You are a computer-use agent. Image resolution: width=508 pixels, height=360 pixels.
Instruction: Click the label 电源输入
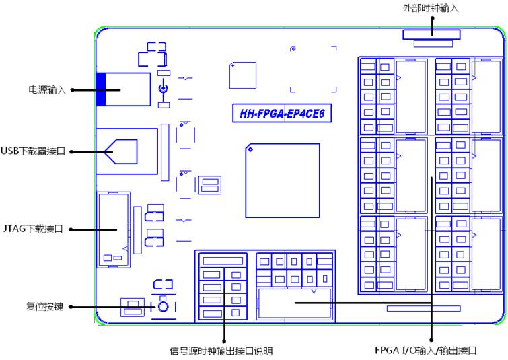[x=47, y=89]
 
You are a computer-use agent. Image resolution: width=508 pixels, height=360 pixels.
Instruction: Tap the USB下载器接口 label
[x=33, y=151]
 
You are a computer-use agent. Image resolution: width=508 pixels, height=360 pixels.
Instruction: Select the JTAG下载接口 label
[x=33, y=229]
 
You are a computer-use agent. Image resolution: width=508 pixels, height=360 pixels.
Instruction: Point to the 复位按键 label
[x=44, y=307]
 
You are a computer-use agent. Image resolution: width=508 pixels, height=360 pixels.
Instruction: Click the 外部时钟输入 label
[x=431, y=9]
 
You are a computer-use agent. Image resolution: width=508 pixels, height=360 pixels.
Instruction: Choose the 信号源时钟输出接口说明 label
[x=221, y=351]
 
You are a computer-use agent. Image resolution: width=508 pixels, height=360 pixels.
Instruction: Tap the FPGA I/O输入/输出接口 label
[x=426, y=351]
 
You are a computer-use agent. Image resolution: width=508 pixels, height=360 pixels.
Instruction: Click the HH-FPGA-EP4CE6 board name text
[x=282, y=114]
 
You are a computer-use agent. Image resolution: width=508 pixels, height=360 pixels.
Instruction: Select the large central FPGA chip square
[x=283, y=180]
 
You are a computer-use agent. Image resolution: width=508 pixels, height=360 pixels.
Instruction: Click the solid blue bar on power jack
[x=101, y=89]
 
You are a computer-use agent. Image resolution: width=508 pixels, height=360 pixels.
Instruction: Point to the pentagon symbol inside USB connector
[x=121, y=151]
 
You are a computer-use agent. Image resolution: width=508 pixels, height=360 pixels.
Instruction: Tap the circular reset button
[x=163, y=307]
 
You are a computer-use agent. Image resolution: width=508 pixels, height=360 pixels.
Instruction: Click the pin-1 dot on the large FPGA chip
[x=250, y=149]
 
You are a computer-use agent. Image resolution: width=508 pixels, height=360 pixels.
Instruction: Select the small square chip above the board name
[x=243, y=75]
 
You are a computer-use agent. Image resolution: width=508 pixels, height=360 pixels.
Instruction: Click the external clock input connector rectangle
[x=431, y=35]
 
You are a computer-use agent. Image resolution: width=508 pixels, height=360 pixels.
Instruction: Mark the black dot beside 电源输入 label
[x=72, y=89]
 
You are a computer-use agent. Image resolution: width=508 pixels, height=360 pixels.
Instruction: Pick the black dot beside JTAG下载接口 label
[x=71, y=229]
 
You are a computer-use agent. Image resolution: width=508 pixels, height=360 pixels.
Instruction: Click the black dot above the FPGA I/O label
[x=431, y=340]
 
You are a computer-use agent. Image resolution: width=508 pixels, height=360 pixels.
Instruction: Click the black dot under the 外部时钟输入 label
[x=432, y=17]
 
